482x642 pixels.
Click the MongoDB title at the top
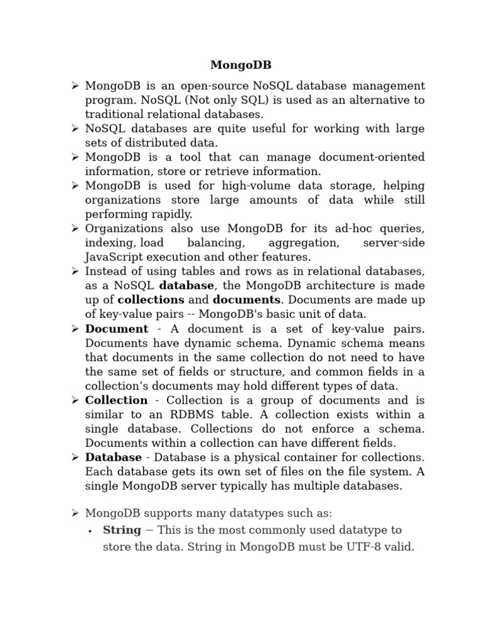[240, 65]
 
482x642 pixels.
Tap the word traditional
[114, 114]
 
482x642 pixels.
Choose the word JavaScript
[117, 257]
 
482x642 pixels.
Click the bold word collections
[151, 300]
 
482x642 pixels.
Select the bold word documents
[246, 300]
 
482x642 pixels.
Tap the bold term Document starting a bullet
[117, 329]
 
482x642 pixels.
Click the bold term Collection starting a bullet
[116, 400]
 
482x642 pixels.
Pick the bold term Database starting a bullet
[113, 457]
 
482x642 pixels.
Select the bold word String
[122, 530]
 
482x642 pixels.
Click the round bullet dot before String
[91, 530]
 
